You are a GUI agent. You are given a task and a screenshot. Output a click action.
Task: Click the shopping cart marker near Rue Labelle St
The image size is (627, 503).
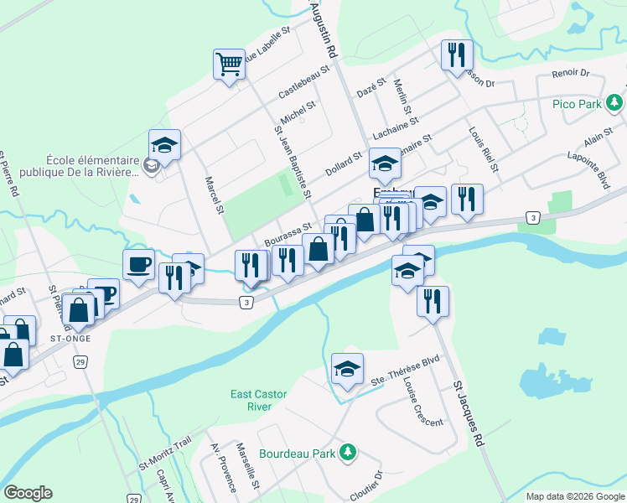click(229, 63)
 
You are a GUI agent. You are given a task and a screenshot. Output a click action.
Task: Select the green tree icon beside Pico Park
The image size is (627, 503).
click(616, 102)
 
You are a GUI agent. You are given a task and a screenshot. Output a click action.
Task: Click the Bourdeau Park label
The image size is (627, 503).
click(298, 453)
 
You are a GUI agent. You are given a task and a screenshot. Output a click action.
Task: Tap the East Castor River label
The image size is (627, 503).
click(260, 400)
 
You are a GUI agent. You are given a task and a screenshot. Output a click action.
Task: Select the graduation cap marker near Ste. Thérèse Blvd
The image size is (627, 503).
click(347, 368)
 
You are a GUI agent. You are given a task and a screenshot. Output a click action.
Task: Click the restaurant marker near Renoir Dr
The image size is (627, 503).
click(457, 55)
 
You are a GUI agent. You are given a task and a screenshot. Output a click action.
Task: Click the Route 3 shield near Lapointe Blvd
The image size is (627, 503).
click(533, 218)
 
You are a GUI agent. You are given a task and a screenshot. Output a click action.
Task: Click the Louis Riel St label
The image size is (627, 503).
click(484, 148)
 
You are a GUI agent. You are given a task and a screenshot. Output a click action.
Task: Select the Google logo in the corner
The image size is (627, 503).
click(28, 492)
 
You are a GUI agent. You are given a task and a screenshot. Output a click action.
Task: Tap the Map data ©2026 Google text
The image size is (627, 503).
click(575, 496)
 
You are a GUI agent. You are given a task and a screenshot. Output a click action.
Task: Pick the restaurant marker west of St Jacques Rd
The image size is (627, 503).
click(433, 302)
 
